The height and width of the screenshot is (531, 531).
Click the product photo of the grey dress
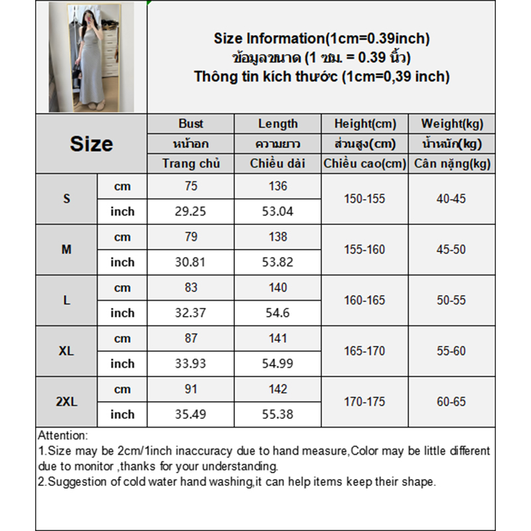coord(91,57)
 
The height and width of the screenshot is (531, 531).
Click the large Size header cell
coord(91,144)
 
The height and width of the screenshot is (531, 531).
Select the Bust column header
coord(191,123)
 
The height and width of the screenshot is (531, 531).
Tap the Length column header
coord(277,123)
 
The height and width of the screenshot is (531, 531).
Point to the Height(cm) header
coord(365,123)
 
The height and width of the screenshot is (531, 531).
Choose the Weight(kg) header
coord(452,123)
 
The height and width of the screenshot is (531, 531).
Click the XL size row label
coord(66,351)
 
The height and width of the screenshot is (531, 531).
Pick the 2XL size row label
coord(66,402)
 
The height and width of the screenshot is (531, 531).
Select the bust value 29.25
coord(191,212)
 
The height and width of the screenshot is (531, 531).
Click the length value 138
coord(277,237)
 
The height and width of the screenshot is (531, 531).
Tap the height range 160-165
coord(364,300)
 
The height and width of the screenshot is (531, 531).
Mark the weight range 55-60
coord(451,351)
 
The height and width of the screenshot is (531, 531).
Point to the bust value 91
coord(191,389)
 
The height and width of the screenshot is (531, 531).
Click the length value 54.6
coord(277,313)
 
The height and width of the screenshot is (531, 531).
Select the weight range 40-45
coord(451,198)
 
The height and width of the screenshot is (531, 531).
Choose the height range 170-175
coord(364,402)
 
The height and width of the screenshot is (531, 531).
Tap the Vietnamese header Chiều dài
coord(277,163)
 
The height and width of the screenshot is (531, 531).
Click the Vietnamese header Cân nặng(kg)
coord(452,163)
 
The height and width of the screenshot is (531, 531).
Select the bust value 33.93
coord(191,364)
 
